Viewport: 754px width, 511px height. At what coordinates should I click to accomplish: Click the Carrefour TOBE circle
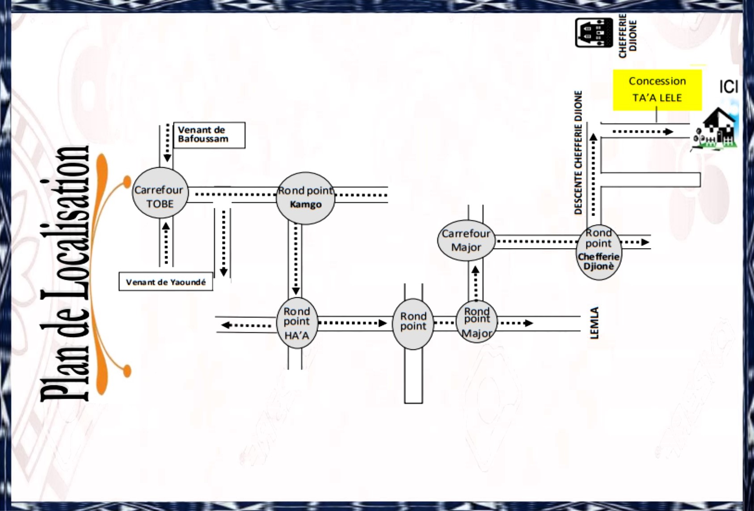tap(160, 194)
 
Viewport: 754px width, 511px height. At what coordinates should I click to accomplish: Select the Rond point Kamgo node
tap(305, 198)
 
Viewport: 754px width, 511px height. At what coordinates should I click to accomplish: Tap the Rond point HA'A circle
tap(297, 323)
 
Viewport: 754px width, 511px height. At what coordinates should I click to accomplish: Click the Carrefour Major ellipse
tap(466, 240)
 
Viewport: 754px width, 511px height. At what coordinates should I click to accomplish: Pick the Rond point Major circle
tap(476, 322)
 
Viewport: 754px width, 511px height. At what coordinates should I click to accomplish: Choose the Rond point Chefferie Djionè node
tap(598, 252)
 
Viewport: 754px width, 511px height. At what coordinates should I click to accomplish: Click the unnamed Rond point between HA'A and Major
tap(413, 323)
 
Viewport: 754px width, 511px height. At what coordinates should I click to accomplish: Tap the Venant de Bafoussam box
tap(209, 135)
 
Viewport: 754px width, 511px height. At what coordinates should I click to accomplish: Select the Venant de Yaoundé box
tap(165, 282)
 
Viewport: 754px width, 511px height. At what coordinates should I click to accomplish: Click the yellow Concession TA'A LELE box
tap(657, 89)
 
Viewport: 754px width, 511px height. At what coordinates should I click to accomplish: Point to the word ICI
tap(728, 87)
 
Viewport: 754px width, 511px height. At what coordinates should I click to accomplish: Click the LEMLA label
tap(594, 323)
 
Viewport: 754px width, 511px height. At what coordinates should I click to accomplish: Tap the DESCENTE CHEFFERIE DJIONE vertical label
tap(578, 152)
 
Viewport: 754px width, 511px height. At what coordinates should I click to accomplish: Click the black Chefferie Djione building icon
tap(594, 32)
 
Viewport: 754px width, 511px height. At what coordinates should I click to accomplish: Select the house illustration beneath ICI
tap(716, 129)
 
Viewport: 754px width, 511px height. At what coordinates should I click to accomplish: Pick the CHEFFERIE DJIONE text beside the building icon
tap(628, 35)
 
